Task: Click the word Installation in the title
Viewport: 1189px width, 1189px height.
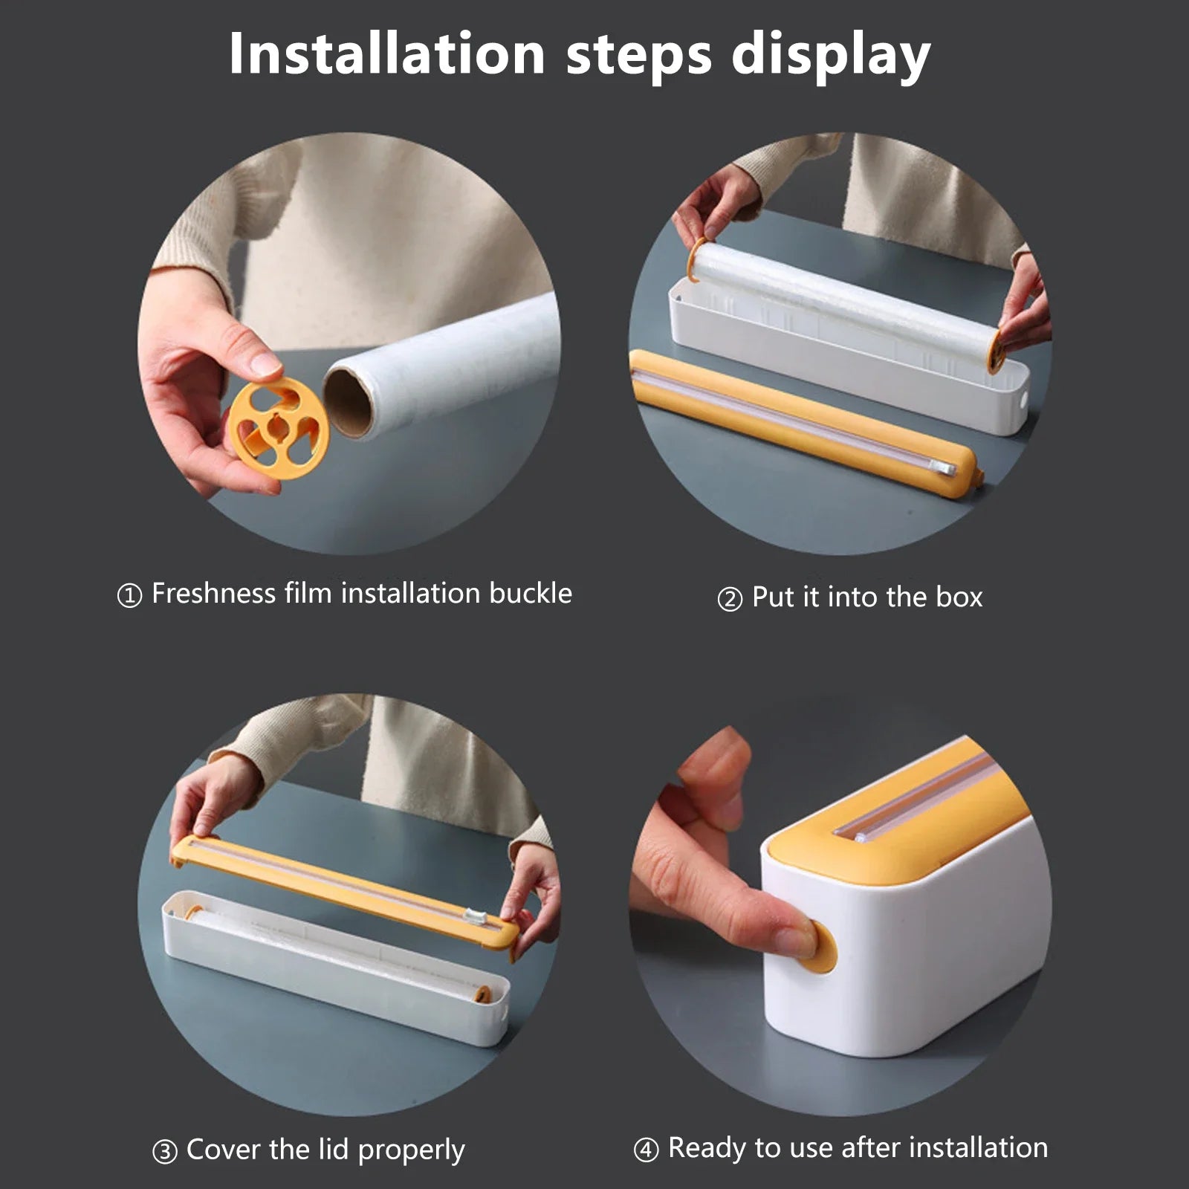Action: [x=386, y=54]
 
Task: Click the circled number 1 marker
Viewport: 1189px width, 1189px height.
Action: [x=129, y=595]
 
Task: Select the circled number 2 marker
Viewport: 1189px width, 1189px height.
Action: [x=729, y=599]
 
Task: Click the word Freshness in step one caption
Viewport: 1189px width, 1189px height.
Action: [x=213, y=594]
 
